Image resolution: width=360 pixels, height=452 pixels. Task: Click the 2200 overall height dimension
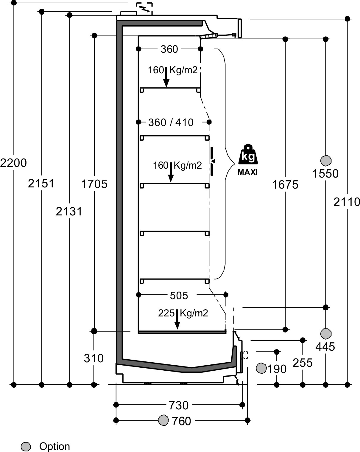[13, 163]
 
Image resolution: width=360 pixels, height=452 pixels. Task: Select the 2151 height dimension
[41, 183]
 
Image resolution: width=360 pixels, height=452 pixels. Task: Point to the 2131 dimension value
[69, 211]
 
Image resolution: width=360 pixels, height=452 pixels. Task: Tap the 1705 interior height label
[94, 184]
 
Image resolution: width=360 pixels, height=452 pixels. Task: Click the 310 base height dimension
[93, 358]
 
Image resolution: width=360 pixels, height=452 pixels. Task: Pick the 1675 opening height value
[285, 185]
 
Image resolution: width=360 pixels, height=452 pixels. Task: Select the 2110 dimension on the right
[347, 202]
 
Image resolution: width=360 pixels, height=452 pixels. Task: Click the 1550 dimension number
[325, 174]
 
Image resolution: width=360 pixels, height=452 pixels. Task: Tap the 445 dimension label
[325, 347]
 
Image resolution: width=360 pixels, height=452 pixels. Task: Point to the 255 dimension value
[303, 363]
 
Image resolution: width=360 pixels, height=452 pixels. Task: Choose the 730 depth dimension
[179, 406]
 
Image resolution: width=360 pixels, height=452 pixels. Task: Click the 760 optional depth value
[181, 421]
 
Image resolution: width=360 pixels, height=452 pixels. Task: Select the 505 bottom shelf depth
[179, 296]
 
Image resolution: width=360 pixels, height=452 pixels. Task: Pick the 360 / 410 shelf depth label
[171, 122]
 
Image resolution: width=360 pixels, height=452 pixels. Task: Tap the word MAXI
[247, 172]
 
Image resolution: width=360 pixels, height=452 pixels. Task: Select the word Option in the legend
[54, 446]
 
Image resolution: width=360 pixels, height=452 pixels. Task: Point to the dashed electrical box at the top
[144, 9]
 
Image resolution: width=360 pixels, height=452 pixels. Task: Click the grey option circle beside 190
[261, 368]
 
